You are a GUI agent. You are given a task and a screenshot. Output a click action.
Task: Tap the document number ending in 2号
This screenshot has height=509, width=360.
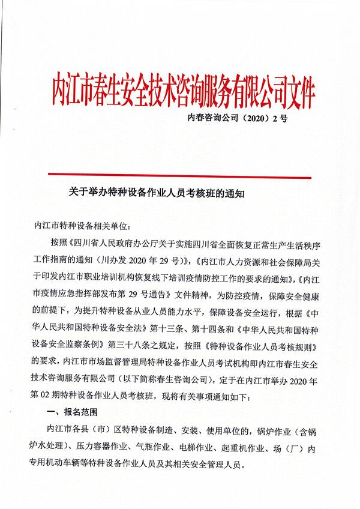tap(238, 118)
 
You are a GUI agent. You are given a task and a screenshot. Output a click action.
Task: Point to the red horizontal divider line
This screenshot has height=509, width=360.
tap(180, 178)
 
